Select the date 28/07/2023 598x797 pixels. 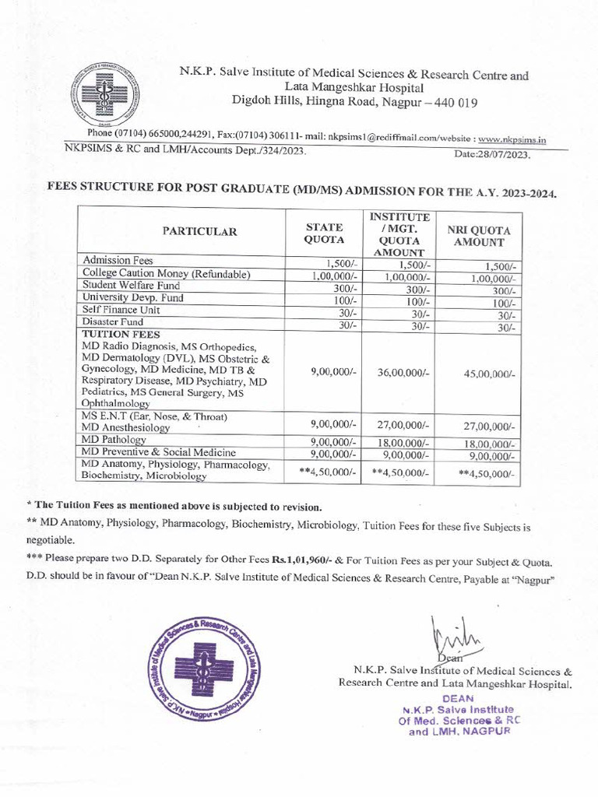tap(491, 155)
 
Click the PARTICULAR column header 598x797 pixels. tap(199, 231)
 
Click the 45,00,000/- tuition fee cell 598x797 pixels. tap(489, 374)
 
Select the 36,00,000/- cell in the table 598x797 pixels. tap(403, 373)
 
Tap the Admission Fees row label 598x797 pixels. tap(118, 260)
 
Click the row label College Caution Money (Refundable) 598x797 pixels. tap(166, 274)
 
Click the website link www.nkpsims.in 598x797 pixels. tap(512, 140)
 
